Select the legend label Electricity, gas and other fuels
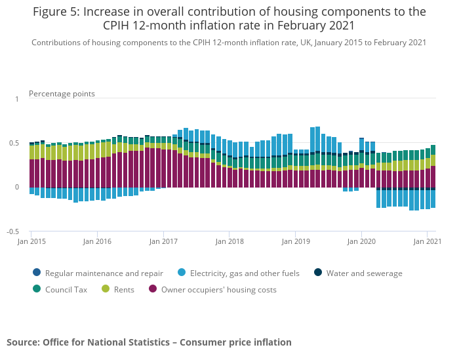[x=245, y=273]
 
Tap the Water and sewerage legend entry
[x=364, y=273]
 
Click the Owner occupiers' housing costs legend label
[x=218, y=289]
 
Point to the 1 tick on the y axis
[x=17, y=99]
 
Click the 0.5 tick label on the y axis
[x=14, y=143]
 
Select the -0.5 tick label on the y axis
[x=12, y=231]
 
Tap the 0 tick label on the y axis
[x=17, y=188]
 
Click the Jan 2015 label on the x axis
[x=31, y=241]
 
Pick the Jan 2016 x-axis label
[x=97, y=241]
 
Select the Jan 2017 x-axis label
[x=163, y=241]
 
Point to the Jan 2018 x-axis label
[x=229, y=241]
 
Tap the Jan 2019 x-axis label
[x=295, y=241]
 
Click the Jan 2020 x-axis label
[x=361, y=241]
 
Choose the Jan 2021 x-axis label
[x=427, y=241]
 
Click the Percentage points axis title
[x=62, y=94]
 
